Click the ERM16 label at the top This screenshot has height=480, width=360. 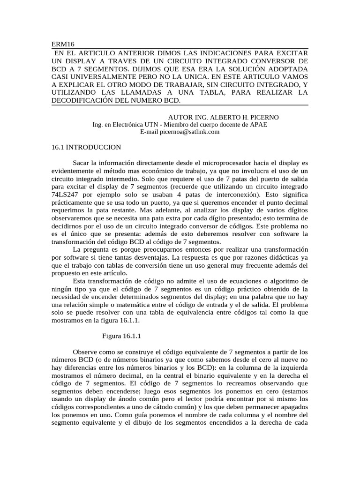60,44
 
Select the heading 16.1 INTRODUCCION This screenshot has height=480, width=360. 86,147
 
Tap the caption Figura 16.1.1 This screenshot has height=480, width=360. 121,335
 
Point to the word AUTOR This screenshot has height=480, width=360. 180,117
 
